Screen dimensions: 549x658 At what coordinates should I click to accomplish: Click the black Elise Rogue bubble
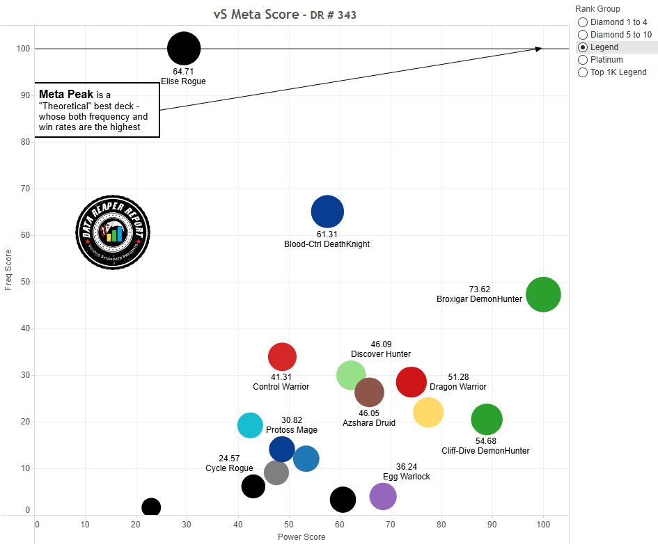[184, 49]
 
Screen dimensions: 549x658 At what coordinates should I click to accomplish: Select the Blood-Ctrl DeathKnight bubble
[327, 212]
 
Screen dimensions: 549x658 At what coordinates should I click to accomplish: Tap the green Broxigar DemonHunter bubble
[543, 295]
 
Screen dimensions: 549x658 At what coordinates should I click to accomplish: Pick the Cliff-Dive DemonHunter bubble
[487, 420]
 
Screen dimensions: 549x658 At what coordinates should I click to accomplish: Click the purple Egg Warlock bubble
[383, 496]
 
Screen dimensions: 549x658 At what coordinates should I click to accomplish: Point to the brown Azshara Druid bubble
[369, 392]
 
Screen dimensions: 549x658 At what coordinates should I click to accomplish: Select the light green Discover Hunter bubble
[351, 375]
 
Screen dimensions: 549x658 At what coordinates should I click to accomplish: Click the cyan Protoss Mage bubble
[250, 425]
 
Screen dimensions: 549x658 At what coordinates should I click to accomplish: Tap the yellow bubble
[428, 412]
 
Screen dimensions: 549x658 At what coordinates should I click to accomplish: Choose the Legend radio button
[583, 47]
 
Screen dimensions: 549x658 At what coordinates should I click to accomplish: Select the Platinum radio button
[583, 60]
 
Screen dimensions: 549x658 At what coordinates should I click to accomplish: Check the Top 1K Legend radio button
[583, 72]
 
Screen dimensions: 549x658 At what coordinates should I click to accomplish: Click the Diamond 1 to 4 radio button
[583, 22]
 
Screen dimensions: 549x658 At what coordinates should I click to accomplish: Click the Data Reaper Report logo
[113, 232]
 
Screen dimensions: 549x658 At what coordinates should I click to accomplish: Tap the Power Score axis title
[301, 537]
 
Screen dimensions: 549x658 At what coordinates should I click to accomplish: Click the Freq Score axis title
[8, 269]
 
